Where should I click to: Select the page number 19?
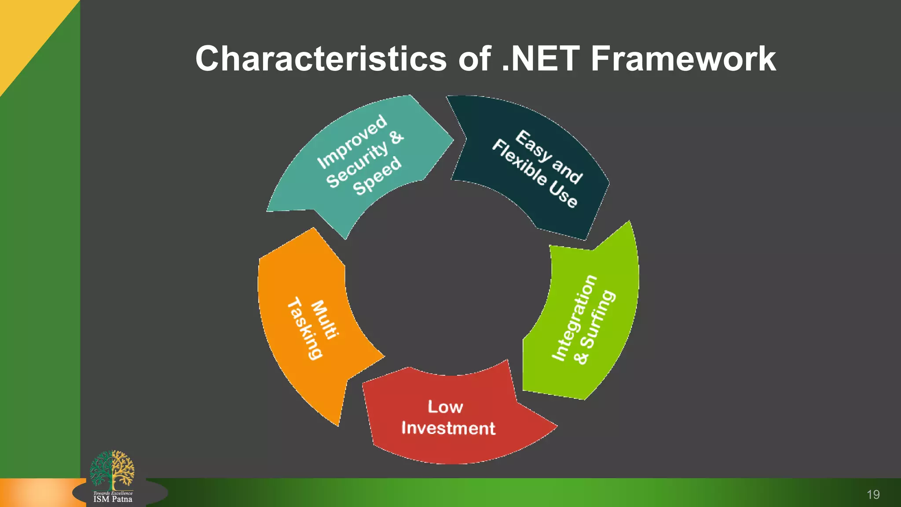point(873,495)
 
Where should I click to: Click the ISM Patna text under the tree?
point(113,499)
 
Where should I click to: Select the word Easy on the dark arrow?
point(534,146)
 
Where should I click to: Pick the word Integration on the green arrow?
point(574,318)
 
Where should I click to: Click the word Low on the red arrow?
point(445,407)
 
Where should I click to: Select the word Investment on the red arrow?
point(448,428)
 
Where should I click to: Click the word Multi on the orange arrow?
point(325,320)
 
